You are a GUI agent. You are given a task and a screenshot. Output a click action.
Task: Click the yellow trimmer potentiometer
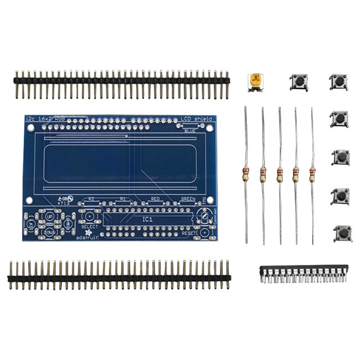[256, 82]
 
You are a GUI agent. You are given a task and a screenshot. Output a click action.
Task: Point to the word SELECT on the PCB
[89, 227]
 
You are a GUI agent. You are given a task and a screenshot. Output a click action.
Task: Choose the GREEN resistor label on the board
[187, 199]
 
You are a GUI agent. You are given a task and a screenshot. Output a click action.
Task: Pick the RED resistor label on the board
[156, 199]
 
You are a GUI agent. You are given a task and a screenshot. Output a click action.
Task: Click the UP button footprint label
[49, 216]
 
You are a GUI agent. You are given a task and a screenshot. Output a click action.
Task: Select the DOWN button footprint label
[49, 232]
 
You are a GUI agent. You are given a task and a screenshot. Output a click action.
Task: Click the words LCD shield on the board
[193, 119]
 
